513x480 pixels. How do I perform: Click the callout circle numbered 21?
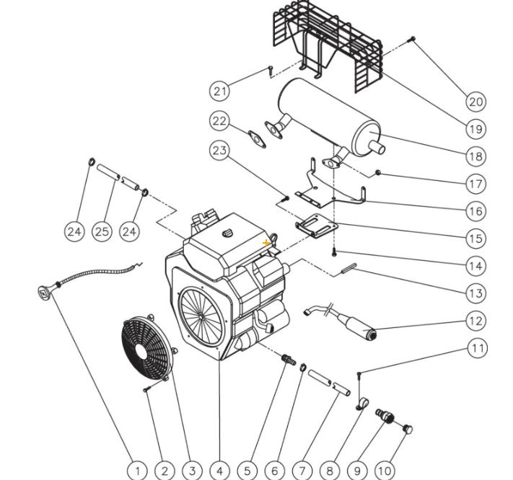220,91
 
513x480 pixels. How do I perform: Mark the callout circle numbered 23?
220,151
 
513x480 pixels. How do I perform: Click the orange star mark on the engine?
267,244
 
